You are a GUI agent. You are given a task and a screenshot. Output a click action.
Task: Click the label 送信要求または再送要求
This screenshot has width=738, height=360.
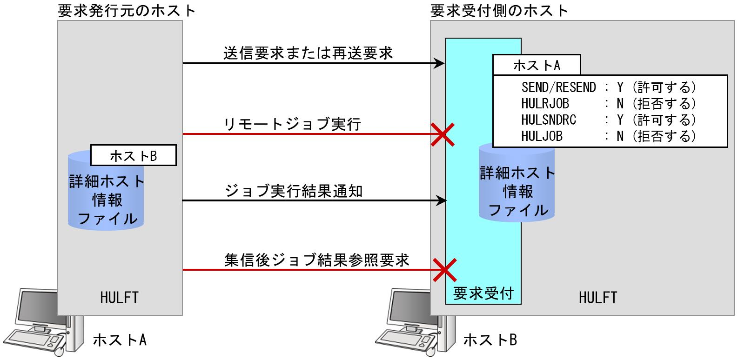308,53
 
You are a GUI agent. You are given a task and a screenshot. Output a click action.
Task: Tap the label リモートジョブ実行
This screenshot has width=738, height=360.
293,124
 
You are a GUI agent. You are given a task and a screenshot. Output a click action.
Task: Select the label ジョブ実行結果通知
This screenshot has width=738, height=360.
294,191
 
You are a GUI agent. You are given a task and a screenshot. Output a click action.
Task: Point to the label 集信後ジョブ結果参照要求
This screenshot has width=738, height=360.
316,260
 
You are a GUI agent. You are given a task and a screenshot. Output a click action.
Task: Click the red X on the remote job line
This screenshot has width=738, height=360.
442,134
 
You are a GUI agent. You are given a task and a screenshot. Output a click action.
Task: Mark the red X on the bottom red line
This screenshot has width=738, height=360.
444,270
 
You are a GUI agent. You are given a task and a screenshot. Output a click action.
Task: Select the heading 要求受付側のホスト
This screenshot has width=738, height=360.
499,10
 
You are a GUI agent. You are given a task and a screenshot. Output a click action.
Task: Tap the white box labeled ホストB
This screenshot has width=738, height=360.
133,156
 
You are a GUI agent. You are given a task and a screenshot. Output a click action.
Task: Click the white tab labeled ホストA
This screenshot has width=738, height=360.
537,66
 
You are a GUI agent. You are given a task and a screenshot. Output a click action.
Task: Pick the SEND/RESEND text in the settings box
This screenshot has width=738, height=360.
558,87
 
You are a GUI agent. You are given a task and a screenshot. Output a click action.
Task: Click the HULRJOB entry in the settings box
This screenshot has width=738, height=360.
545,103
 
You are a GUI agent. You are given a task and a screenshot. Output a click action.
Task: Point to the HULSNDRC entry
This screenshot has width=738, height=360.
549,120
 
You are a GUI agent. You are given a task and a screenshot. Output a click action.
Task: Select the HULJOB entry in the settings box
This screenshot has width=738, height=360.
542,136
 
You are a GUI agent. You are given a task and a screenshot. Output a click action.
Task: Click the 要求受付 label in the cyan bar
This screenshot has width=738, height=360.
483,293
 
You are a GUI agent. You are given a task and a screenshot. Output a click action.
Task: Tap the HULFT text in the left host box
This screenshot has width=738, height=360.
119,297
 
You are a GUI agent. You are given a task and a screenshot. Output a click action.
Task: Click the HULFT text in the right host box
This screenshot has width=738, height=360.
598,297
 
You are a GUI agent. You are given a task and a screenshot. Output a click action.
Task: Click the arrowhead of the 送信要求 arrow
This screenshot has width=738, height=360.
440,63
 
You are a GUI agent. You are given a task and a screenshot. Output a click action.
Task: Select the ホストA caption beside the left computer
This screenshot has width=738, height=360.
120,340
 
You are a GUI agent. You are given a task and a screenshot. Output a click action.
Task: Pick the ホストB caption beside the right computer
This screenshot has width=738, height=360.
490,340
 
